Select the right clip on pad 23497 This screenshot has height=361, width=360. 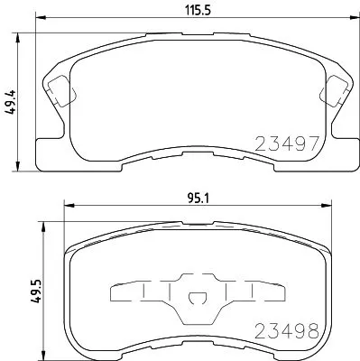[334, 89]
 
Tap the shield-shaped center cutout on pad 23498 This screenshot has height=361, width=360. [197, 299]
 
